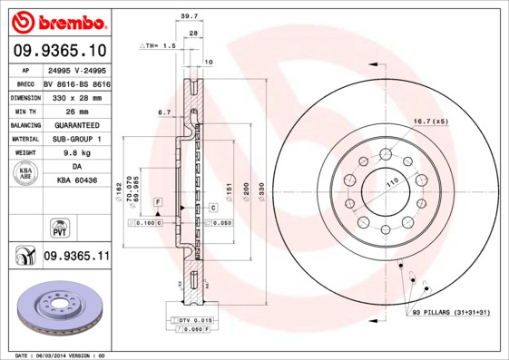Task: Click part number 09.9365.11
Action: click(x=76, y=258)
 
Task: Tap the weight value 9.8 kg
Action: click(x=76, y=153)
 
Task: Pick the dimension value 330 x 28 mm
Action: click(x=76, y=96)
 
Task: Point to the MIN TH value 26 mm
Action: click(x=76, y=111)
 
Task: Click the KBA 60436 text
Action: click(x=76, y=181)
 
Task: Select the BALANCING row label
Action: click(x=24, y=125)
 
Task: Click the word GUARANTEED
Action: click(x=76, y=125)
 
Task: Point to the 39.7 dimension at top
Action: click(x=189, y=16)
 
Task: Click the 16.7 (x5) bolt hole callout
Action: click(x=431, y=122)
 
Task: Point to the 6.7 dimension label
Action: click(x=164, y=112)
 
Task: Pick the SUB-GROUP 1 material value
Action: click(x=76, y=139)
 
